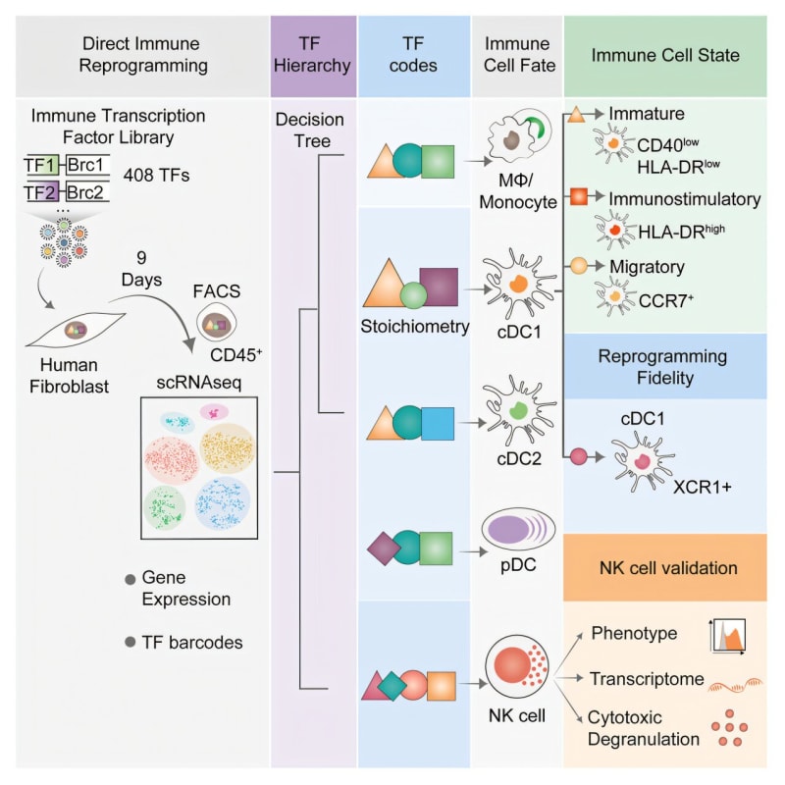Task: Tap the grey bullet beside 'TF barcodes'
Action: (x=130, y=643)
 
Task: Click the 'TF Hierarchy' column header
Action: (x=314, y=55)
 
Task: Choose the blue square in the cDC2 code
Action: (x=437, y=422)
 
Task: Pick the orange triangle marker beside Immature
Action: (x=578, y=117)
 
